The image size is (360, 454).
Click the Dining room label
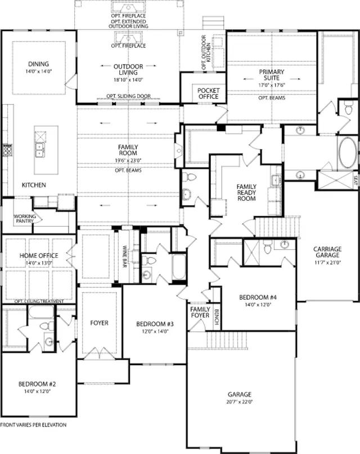(x=38, y=64)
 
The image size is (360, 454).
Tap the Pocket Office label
(x=208, y=93)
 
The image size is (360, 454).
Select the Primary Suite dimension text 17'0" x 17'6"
(x=272, y=86)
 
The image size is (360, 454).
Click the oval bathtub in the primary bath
(x=346, y=152)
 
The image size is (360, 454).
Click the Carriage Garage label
(x=327, y=252)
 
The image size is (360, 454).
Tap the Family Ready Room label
(x=246, y=192)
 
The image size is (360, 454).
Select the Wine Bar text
(x=125, y=256)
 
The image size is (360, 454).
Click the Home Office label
(x=39, y=255)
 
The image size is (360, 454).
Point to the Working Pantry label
(x=24, y=219)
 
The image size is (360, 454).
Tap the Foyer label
(x=99, y=323)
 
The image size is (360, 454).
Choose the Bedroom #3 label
(x=155, y=324)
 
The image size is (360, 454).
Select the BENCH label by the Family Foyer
(x=217, y=317)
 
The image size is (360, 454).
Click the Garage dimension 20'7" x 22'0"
(x=240, y=402)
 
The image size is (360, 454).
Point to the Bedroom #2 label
(x=37, y=384)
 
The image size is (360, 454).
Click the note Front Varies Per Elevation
(x=33, y=425)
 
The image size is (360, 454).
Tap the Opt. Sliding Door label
(x=128, y=96)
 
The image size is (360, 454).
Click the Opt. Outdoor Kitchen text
(x=206, y=52)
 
